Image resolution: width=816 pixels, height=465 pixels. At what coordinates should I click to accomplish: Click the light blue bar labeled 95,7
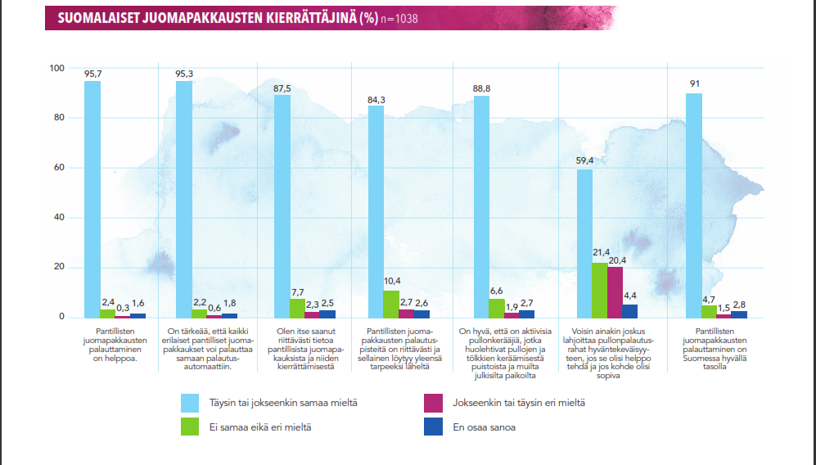point(92,199)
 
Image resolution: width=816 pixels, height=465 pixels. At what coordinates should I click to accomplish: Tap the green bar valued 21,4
point(600,290)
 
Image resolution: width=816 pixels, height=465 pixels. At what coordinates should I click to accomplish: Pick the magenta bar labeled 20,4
point(615,291)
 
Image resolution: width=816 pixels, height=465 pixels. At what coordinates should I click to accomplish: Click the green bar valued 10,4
point(391,304)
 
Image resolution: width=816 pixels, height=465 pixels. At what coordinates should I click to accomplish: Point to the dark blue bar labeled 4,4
point(629,311)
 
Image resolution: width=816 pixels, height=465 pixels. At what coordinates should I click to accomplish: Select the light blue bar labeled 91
point(693,205)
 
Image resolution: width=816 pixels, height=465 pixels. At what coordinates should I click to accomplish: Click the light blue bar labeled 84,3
point(376,211)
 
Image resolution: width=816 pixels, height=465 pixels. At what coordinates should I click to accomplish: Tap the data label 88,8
point(483,88)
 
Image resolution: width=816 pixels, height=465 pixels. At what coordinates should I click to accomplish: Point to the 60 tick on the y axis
point(56,168)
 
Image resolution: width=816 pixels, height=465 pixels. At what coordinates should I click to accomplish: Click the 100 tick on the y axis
point(56,68)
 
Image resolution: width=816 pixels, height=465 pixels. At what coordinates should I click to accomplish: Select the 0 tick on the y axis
point(61,318)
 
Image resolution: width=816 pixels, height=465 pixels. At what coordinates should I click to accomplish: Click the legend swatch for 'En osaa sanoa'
point(433,427)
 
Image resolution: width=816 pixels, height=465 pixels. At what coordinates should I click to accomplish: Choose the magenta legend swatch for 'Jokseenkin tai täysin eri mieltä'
point(433,402)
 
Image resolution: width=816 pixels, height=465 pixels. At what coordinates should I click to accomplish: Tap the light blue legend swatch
point(191,402)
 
